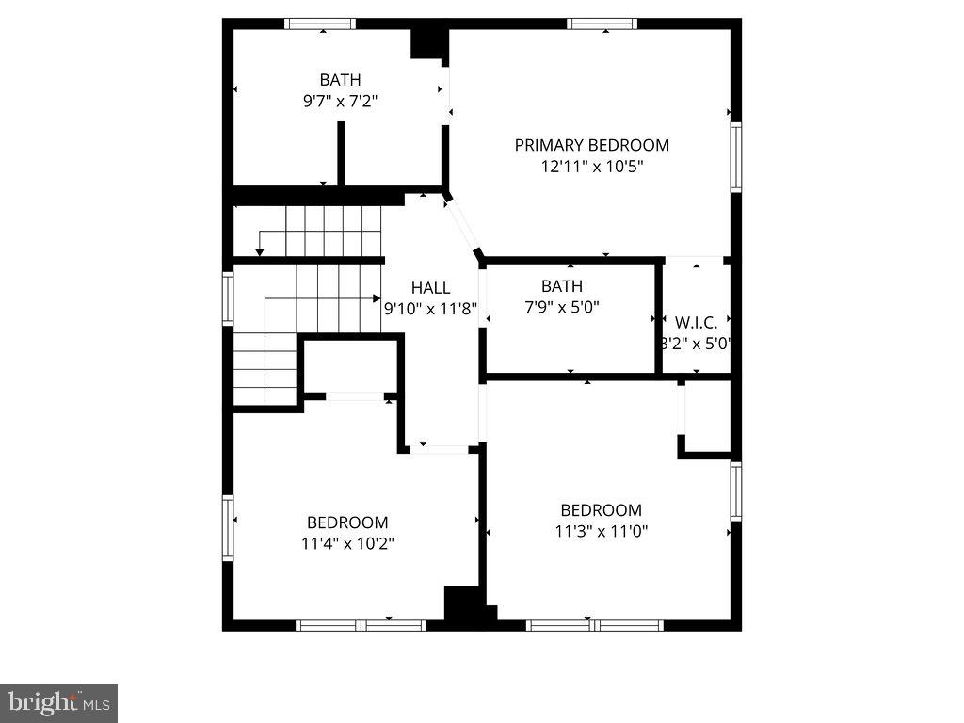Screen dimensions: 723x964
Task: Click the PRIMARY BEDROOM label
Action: [x=591, y=145]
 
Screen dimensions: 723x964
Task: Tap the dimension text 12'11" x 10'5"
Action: [x=591, y=167]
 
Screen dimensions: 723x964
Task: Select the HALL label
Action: [x=430, y=288]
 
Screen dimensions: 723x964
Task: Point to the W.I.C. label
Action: [x=696, y=322]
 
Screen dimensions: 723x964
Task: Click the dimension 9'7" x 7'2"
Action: [x=339, y=100]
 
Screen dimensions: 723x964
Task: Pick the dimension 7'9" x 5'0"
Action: [x=561, y=306]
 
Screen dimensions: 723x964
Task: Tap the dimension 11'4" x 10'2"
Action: [x=346, y=543]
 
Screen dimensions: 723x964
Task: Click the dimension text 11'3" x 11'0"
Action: [x=601, y=531]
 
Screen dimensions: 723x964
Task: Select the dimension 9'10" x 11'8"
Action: [x=430, y=307]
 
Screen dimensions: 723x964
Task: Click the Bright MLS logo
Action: [x=58, y=702]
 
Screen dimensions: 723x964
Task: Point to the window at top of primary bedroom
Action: [x=602, y=24]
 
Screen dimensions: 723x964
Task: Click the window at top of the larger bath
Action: [x=320, y=24]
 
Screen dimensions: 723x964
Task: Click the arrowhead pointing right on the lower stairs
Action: [x=377, y=298]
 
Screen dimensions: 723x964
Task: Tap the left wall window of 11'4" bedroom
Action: [x=228, y=528]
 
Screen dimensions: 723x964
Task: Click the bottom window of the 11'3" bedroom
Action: [x=595, y=624]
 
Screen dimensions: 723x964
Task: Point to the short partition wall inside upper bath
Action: [x=342, y=153]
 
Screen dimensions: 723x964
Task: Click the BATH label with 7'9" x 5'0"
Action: [x=561, y=286]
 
